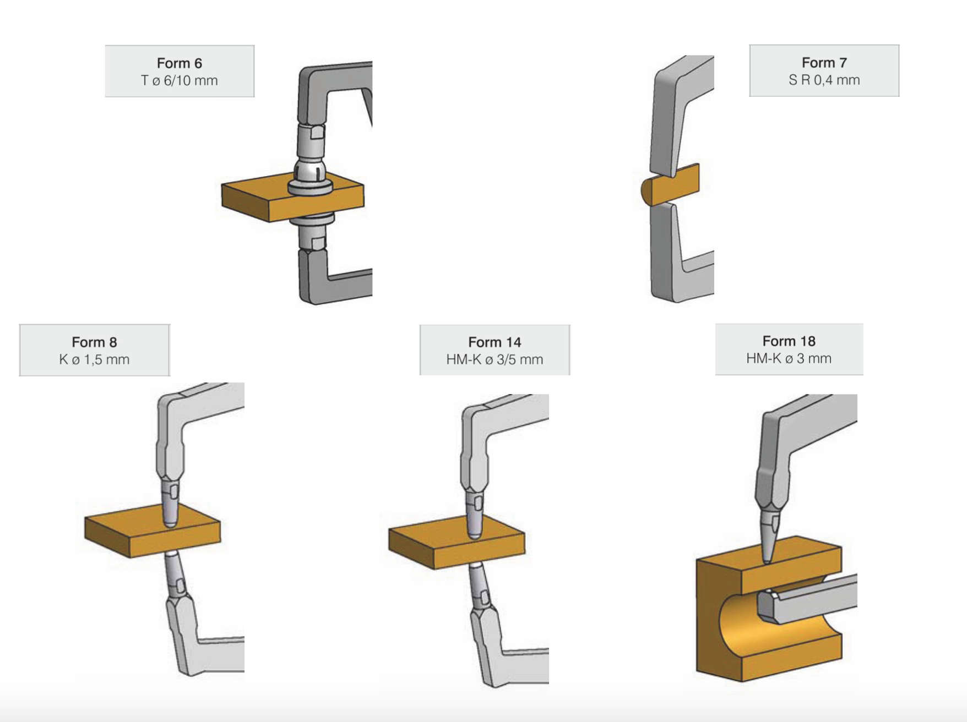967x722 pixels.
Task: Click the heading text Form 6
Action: pyautogui.click(x=180, y=63)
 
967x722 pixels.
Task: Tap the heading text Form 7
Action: pyautogui.click(x=824, y=63)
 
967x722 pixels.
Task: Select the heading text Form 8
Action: pyautogui.click(x=94, y=342)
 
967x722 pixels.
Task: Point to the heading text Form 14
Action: pyautogui.click(x=495, y=342)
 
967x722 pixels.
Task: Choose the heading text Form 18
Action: pyautogui.click(x=789, y=341)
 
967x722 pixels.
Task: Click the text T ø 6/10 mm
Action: pyautogui.click(x=180, y=81)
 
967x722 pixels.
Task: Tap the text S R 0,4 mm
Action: pyautogui.click(x=824, y=80)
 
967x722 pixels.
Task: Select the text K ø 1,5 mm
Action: pyautogui.click(x=94, y=360)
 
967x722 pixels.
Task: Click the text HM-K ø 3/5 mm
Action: pyautogui.click(x=495, y=360)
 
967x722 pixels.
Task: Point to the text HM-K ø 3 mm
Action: pyautogui.click(x=789, y=359)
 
